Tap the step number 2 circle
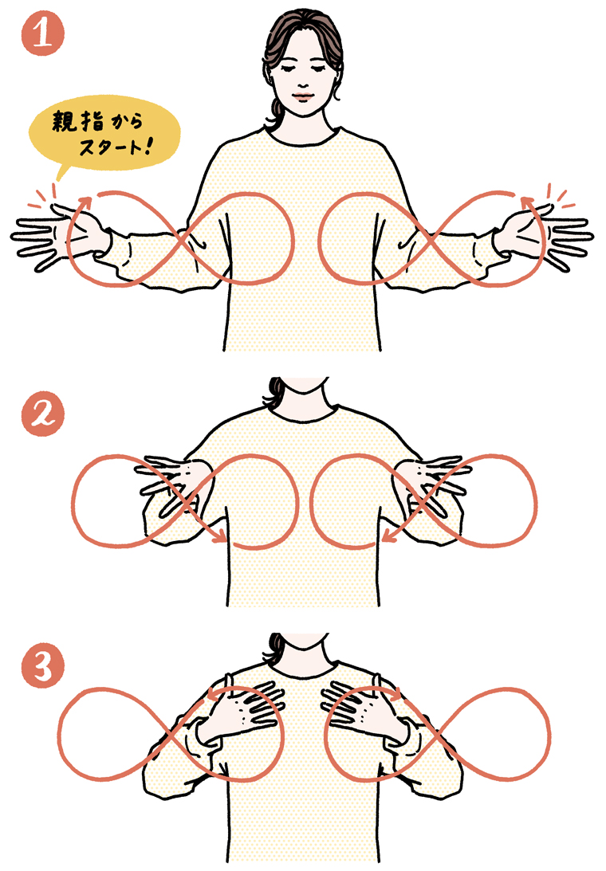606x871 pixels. click(43, 414)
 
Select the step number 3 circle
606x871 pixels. click(43, 666)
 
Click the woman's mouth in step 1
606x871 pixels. click(302, 95)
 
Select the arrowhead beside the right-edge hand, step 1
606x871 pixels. click(526, 202)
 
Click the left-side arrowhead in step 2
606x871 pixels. click(221, 536)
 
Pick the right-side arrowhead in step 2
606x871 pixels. click(388, 535)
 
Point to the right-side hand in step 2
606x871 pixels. click(434, 485)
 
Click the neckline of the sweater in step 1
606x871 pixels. click(302, 137)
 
